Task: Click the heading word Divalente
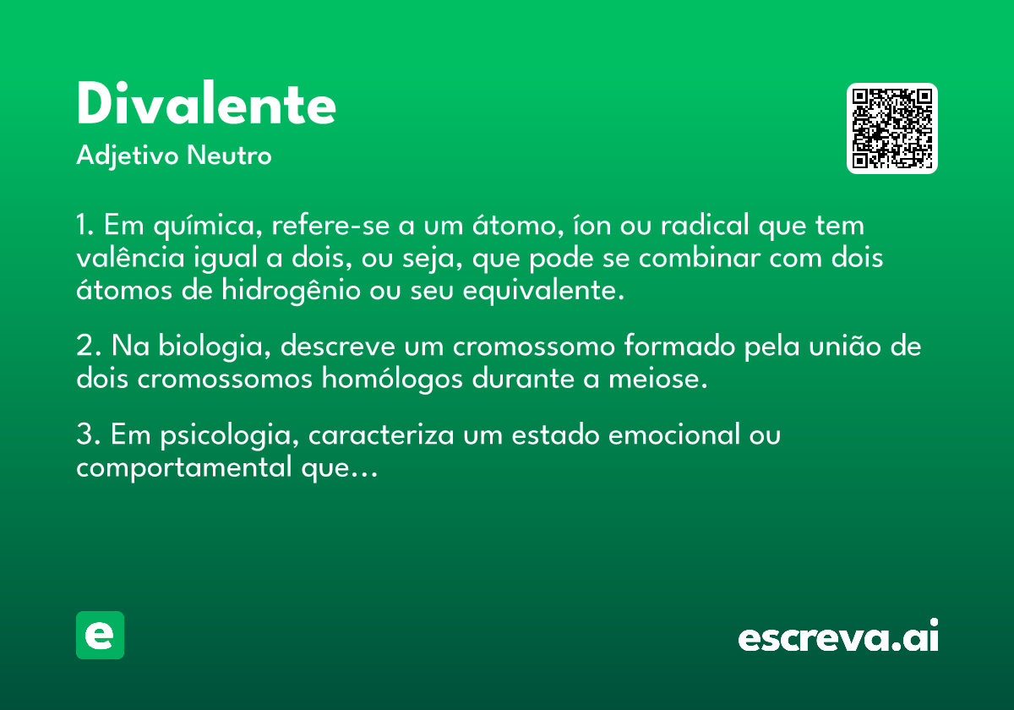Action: pos(206,103)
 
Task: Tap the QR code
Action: pos(891,128)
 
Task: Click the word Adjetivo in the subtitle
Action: pos(128,156)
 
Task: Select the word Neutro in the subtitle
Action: pos(229,156)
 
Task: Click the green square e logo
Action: pos(100,635)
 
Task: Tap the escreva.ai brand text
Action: pos(838,636)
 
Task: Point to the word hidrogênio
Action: pos(291,290)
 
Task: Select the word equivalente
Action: pos(543,291)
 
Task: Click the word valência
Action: pos(130,257)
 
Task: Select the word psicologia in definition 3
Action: pos(230,435)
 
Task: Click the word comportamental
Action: pos(184,468)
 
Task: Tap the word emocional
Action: pos(674,435)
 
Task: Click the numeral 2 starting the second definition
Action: pos(84,346)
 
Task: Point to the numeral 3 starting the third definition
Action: pos(84,434)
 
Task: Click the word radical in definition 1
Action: pos(705,225)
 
